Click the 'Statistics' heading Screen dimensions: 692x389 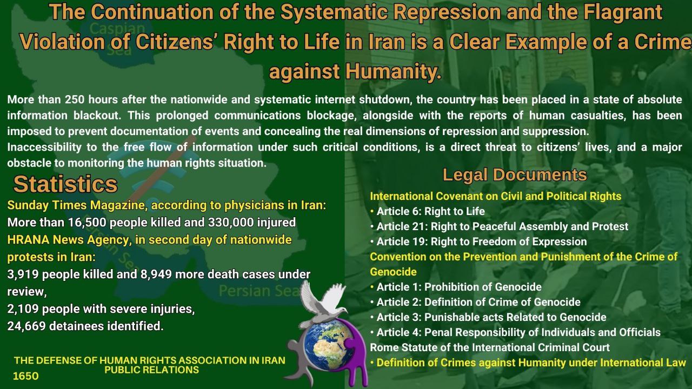[65, 184]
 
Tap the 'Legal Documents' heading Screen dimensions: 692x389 [515, 175]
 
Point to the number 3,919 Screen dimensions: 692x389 [23, 274]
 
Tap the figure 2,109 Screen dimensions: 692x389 [23, 309]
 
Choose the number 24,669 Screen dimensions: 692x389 [26, 326]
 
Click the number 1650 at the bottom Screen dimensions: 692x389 [25, 376]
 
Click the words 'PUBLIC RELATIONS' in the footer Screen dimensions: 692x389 [152, 370]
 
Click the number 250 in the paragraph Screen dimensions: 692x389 [74, 100]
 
